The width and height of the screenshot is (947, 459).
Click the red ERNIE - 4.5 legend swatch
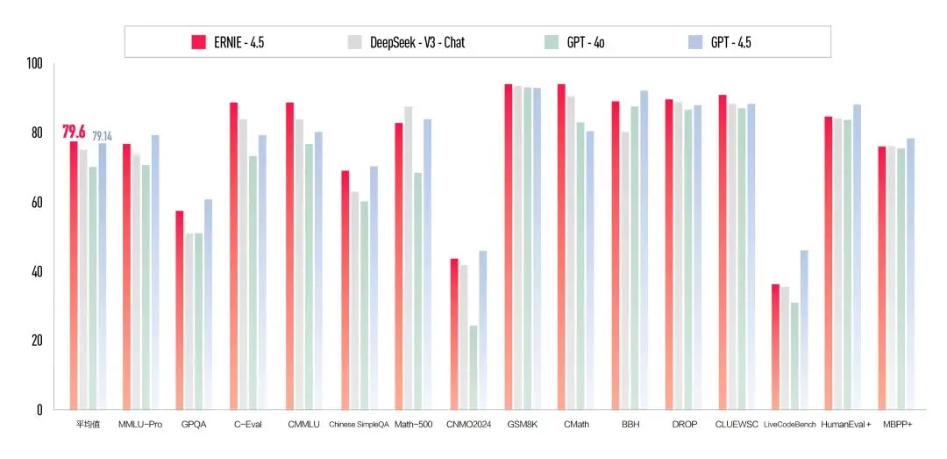coord(198,42)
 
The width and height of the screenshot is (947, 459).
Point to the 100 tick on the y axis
coord(34,64)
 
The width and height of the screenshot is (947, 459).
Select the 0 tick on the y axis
coord(39,409)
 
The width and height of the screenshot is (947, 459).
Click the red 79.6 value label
coord(73,132)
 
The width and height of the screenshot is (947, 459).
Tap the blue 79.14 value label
coord(102,136)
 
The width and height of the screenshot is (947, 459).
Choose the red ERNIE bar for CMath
coord(561,247)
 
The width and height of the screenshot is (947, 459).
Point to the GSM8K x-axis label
coord(522,425)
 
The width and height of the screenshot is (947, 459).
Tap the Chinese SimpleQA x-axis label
coord(358,425)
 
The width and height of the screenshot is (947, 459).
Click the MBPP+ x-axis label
coord(899,425)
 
